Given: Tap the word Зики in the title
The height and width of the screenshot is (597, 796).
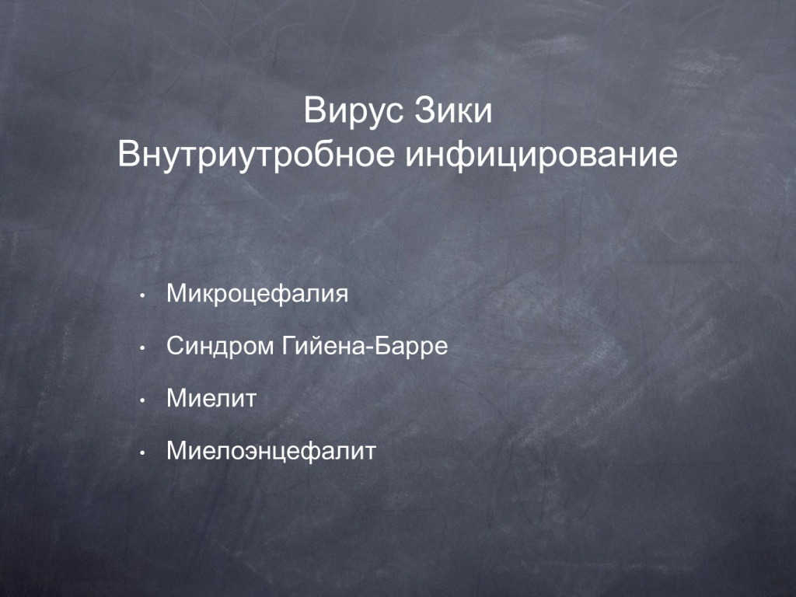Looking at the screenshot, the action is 453,110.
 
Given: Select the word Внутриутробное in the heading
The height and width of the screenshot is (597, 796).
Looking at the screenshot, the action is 256,155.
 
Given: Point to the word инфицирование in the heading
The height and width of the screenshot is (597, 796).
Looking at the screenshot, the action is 541,155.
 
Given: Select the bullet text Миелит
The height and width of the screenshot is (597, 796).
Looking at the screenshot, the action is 211,399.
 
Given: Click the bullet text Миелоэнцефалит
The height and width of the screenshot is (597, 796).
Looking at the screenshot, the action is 271,452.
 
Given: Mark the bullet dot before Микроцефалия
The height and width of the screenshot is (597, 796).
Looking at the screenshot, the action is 143,295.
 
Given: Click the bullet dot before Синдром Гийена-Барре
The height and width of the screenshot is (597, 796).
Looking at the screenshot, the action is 143,348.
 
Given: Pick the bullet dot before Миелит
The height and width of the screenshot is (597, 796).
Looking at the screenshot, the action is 143,400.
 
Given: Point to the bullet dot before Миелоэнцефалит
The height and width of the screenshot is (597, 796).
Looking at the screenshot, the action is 143,453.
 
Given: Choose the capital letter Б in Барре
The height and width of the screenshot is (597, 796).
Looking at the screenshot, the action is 382,347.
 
